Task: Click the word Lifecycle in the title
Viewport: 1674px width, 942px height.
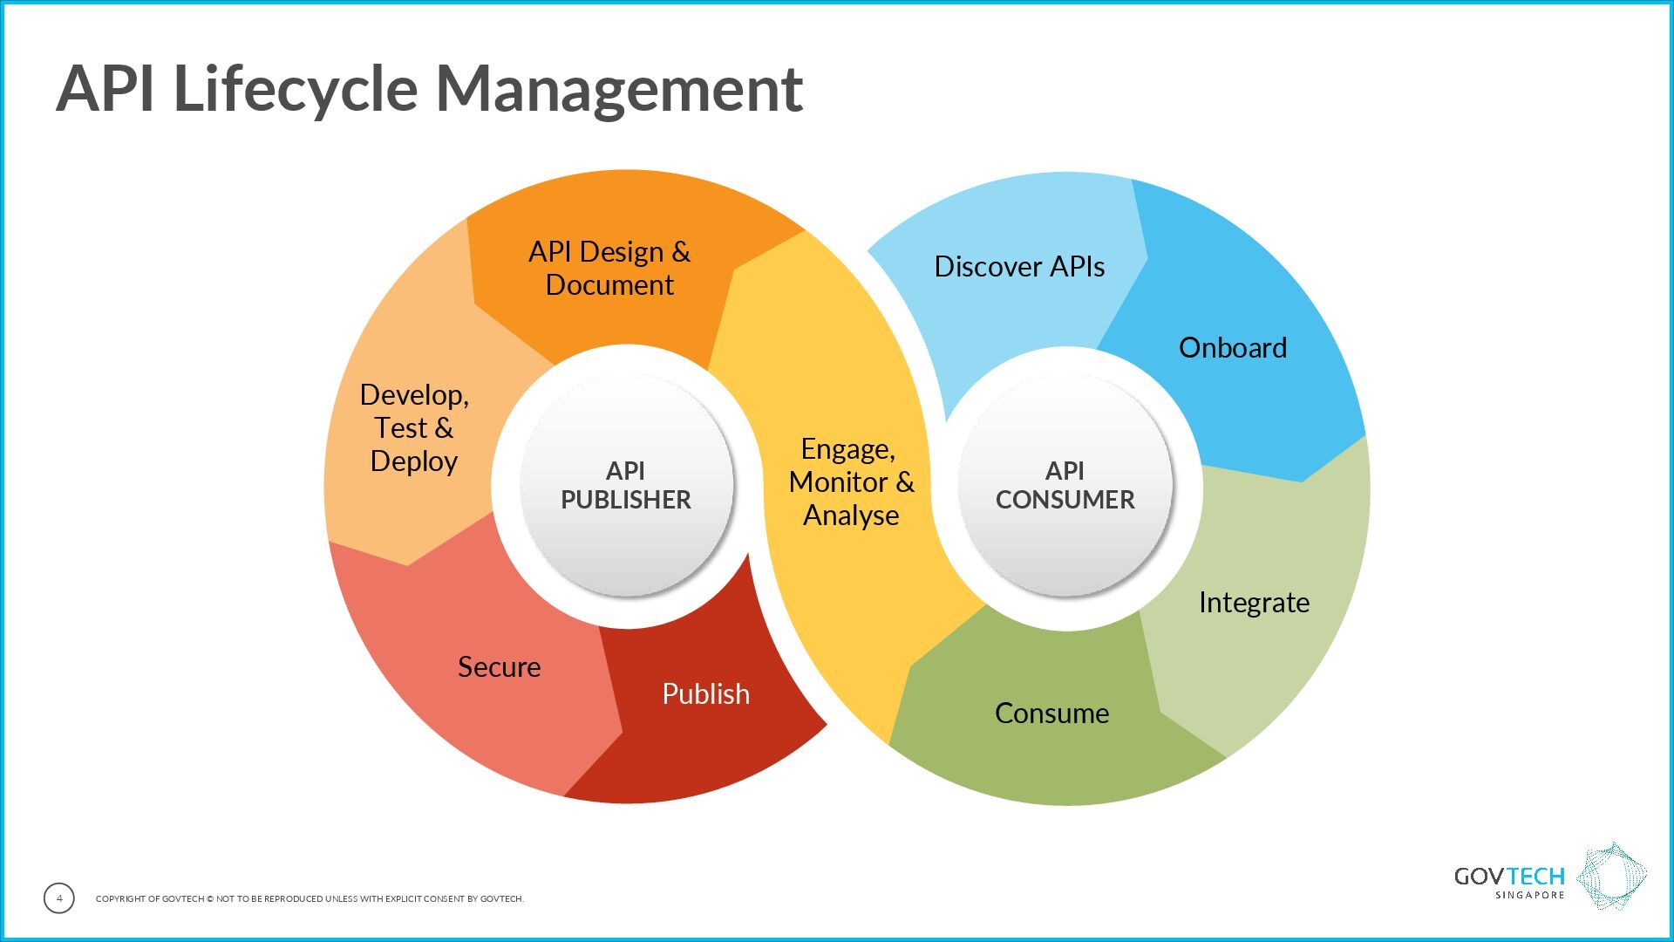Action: click(296, 89)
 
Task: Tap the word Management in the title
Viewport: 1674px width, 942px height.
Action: click(618, 89)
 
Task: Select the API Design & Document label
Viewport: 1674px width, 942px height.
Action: click(609, 269)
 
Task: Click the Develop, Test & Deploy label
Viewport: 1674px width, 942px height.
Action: click(414, 427)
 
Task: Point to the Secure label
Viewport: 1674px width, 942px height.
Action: click(499, 667)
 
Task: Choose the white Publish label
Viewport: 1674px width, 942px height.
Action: click(705, 694)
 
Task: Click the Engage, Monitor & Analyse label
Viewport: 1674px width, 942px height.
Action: click(851, 482)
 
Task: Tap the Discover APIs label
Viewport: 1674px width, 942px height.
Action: click(1019, 267)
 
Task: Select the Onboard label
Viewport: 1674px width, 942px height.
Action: click(1232, 348)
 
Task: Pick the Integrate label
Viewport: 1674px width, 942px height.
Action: click(1253, 603)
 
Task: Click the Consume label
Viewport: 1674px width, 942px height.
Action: click(1051, 713)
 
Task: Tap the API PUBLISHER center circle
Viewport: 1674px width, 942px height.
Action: click(626, 486)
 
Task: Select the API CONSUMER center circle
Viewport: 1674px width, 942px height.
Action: click(1065, 486)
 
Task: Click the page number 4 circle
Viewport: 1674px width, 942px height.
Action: click(59, 898)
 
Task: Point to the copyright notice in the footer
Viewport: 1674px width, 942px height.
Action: click(310, 899)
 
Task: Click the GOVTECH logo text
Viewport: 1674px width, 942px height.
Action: click(1508, 877)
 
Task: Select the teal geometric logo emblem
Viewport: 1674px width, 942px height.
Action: click(1612, 877)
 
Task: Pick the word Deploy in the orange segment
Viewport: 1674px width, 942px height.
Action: click(414, 461)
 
